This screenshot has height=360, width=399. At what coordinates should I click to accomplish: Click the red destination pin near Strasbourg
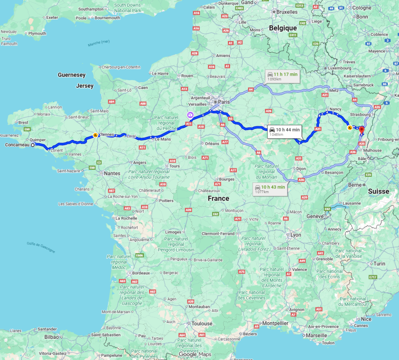(361, 130)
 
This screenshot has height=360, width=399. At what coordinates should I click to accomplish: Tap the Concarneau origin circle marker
(33, 145)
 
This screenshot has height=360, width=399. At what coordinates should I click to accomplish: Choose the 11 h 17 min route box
(282, 76)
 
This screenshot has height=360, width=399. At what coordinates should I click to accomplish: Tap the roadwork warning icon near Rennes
(95, 135)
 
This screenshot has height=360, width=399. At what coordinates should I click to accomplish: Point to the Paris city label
(224, 102)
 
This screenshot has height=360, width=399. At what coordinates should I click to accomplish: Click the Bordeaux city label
(141, 273)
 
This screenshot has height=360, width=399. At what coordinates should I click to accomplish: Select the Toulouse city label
(201, 323)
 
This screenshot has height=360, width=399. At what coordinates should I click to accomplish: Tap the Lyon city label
(296, 235)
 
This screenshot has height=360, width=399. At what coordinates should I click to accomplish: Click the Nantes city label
(112, 173)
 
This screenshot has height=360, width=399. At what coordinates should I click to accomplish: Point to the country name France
(218, 198)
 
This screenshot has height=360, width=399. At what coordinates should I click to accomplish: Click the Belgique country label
(283, 28)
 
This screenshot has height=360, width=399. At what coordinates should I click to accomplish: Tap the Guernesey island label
(72, 75)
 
